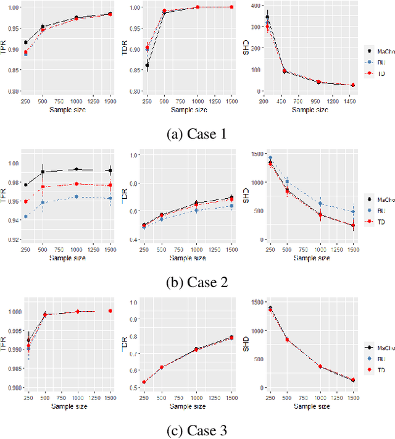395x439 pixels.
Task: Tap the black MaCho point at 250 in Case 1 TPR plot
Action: point(25,42)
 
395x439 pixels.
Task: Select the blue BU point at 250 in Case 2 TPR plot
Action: point(25,217)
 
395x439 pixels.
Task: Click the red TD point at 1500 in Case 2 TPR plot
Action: point(110,185)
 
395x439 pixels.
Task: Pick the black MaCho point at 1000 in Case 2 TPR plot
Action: point(76,169)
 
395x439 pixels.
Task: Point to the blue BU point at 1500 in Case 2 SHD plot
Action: point(353,212)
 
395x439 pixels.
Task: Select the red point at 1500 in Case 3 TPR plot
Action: point(110,311)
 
